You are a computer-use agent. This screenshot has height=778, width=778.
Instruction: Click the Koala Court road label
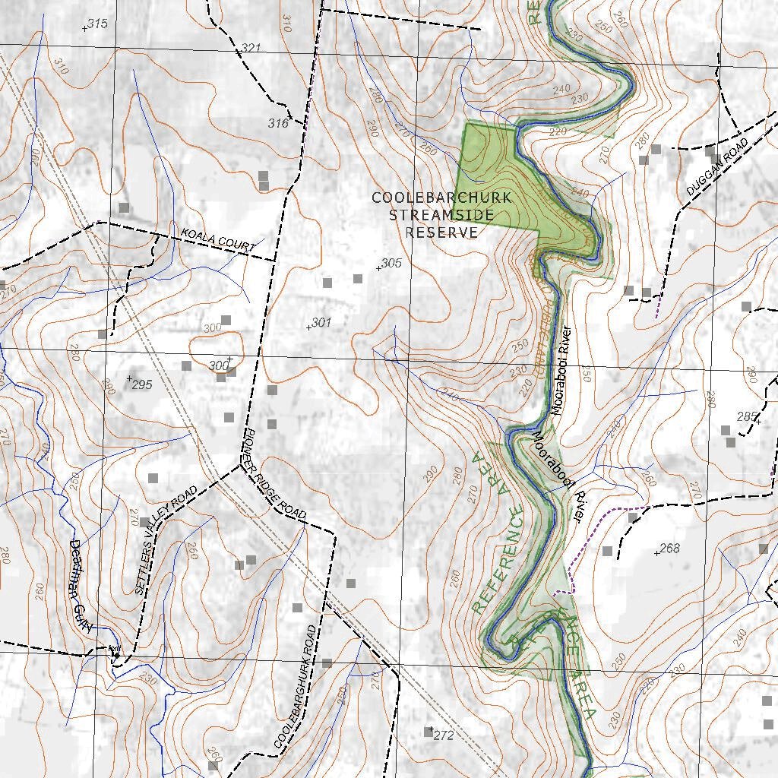[x=217, y=239]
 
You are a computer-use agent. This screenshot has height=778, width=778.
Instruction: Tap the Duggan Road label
[x=717, y=168]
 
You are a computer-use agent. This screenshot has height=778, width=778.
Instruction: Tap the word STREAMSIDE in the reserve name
[x=441, y=215]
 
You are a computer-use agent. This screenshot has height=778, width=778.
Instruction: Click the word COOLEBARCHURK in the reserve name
[x=441, y=198]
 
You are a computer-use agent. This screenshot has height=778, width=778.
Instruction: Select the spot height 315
[x=96, y=24]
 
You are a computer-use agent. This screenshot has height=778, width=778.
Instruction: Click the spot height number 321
[x=251, y=49]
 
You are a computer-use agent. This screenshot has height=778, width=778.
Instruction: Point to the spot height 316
[x=277, y=123]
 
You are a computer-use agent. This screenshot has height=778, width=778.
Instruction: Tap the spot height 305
[x=391, y=264]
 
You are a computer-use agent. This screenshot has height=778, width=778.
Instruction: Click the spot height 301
[x=321, y=324]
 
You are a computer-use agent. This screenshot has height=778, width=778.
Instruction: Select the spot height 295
[x=141, y=384]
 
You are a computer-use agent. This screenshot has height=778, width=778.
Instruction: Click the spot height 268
[x=669, y=549]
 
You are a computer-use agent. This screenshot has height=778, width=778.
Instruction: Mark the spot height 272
[x=443, y=735]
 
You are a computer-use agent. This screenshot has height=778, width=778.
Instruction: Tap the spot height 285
[x=747, y=416]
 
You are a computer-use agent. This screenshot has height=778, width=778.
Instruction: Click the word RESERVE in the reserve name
[x=441, y=232]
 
